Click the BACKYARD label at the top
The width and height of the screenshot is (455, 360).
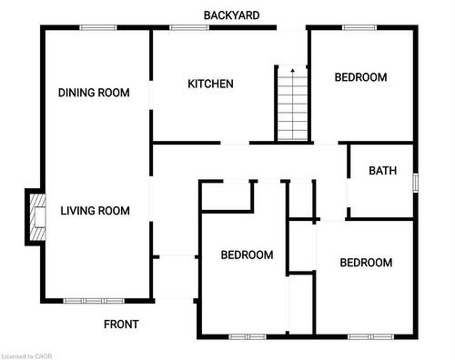tap(231, 15)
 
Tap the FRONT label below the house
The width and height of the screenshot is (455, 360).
tap(121, 325)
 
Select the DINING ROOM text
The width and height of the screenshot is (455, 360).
tap(94, 93)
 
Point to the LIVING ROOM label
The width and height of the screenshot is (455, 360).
tap(95, 211)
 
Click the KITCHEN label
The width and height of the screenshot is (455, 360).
tap(210, 85)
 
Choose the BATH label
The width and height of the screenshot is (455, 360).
tap(381, 171)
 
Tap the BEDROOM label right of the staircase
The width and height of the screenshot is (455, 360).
tap(360, 78)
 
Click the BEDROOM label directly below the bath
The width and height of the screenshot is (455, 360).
tap(366, 263)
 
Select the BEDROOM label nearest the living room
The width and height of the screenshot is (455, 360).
tap(247, 255)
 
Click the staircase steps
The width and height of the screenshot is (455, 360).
tap(291, 107)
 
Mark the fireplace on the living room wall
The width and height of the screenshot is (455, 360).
tap(35, 217)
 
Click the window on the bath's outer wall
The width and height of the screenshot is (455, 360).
tap(415, 182)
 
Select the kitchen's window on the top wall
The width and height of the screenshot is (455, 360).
tap(189, 27)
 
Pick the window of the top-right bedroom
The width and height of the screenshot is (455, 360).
tap(359, 27)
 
